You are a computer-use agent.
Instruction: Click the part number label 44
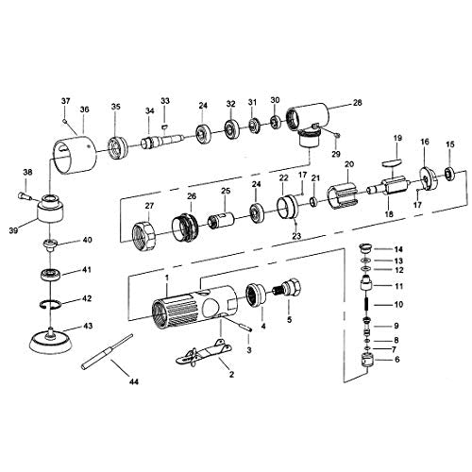tap(134, 381)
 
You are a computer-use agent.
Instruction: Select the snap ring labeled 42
tap(51, 304)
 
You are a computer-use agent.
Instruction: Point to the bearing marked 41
tap(50, 275)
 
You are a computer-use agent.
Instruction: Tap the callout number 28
tap(358, 103)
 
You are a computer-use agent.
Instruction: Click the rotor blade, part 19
tap(392, 162)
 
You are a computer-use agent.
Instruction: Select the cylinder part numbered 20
tap(342, 194)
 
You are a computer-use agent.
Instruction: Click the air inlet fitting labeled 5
tap(287, 287)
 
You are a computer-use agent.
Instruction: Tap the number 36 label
tap(84, 110)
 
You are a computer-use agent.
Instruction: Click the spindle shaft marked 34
tap(162, 140)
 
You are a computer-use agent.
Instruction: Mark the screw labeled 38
tap(25, 196)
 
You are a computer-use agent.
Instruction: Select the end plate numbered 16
tap(428, 179)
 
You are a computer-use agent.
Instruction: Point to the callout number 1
tap(167, 278)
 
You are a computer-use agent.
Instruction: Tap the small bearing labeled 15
tap(449, 173)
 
